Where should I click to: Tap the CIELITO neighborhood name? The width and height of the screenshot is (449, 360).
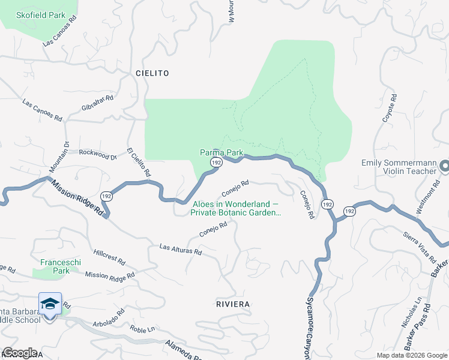152,73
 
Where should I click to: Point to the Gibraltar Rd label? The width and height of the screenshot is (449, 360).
97,103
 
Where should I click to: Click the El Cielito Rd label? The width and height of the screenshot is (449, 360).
138,162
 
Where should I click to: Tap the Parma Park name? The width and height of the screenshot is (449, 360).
221,152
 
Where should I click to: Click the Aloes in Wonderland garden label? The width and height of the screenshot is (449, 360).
237,208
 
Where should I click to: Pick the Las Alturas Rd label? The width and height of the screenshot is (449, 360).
180,248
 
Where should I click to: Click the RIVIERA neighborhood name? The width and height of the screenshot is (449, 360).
232,304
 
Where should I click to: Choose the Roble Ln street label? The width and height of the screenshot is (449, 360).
143,329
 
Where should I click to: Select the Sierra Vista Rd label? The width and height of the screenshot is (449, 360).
419,247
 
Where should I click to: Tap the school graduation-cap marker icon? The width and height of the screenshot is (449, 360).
50,304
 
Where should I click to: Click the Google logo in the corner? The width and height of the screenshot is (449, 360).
20,353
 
